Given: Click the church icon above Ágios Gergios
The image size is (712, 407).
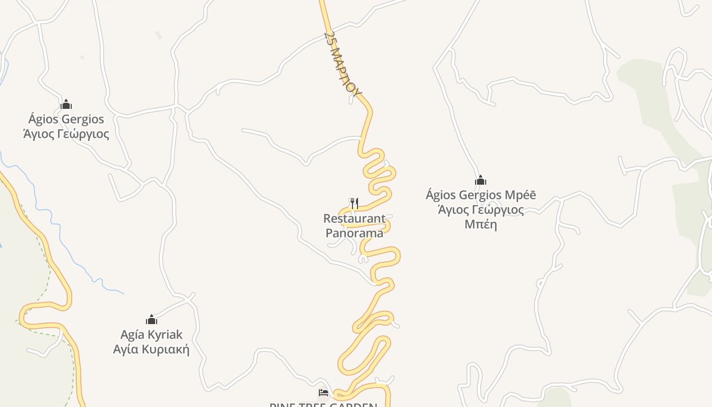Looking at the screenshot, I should tap(66, 105).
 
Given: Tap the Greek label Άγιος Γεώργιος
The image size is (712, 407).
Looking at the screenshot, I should tap(66, 134).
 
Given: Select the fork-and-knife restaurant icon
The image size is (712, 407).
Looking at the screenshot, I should tap(354, 203).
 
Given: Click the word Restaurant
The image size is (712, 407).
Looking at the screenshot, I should tap(354, 219).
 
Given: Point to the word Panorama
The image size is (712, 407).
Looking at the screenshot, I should tap(354, 234).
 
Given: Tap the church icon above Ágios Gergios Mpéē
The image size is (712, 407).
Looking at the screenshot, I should tap(481, 181).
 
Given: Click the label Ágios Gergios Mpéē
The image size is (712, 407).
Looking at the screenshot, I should tap(481, 195).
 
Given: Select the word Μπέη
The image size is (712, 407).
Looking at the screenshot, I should tap(481, 224).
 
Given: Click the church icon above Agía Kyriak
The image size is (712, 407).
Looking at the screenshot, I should tap(152, 320).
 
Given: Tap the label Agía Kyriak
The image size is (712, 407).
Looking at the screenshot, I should tap(152, 335).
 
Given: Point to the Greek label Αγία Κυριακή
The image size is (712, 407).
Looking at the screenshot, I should tap(152, 350).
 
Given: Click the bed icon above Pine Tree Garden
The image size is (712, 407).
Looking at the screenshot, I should tap(323, 392).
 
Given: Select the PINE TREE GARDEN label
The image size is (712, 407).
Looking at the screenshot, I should tap(323, 404).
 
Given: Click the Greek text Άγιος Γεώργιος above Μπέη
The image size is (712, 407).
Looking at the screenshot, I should tap(481, 210).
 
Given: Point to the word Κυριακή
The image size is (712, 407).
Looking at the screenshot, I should tap(165, 350).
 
